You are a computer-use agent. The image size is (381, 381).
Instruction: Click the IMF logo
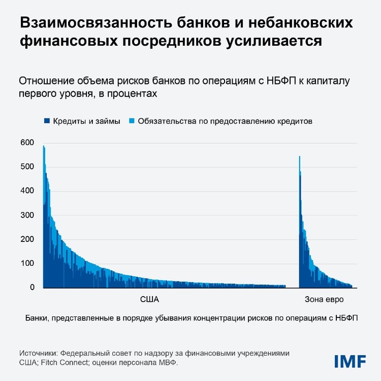click(350, 361)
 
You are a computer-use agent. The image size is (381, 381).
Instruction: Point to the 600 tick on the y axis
click(27, 143)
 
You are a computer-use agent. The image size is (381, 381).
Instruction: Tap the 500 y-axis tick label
click(27, 167)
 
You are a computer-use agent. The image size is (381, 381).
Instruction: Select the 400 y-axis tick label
click(27, 191)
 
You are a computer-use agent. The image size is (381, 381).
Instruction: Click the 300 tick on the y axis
click(27, 215)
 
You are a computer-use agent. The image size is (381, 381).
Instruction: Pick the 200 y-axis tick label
click(27, 239)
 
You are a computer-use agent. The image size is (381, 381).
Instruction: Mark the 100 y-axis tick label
click(27, 264)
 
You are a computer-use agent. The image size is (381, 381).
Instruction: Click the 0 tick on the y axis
click(32, 288)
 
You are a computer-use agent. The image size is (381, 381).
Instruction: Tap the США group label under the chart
click(149, 299)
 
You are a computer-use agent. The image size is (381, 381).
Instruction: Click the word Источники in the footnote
click(38, 353)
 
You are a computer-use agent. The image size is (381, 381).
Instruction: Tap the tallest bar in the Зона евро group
click(300, 218)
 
